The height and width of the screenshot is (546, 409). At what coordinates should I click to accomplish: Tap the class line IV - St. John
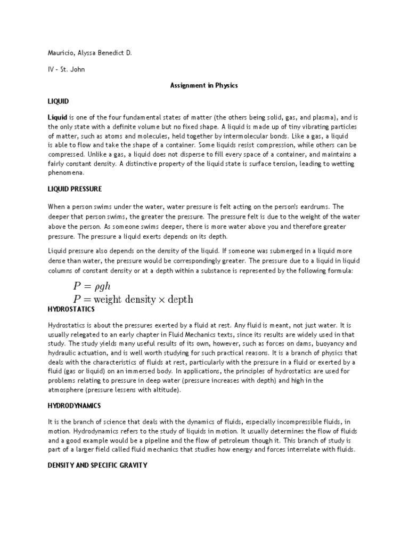(64, 69)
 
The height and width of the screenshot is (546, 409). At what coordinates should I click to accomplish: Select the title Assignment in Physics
(204, 85)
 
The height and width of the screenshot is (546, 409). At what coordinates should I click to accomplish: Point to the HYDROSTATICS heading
(71, 309)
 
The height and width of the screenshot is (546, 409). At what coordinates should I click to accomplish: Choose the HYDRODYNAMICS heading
(75, 406)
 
